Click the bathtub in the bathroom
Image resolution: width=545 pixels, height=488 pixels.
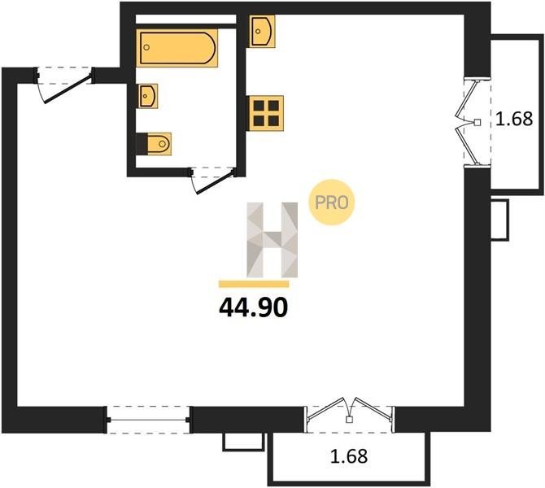click(x=177, y=48)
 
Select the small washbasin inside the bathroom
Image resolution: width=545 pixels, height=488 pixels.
click(x=148, y=96)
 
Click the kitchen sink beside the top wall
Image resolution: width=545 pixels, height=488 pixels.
click(x=262, y=31)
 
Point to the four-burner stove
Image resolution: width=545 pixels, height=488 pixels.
click(x=266, y=113)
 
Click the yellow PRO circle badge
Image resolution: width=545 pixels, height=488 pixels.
click(x=332, y=203)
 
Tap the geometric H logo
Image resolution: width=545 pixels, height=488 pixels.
click(x=272, y=240)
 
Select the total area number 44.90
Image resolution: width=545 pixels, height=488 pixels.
click(x=254, y=308)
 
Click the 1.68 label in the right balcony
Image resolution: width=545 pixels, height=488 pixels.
click(x=514, y=119)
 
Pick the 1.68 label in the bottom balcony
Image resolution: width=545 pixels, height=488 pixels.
click(x=349, y=456)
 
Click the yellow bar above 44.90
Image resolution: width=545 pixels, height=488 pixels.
click(x=254, y=284)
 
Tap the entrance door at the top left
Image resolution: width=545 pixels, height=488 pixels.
click(x=64, y=84)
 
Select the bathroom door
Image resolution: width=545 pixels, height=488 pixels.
click(x=212, y=180)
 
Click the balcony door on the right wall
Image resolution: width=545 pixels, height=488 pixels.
click(x=474, y=121)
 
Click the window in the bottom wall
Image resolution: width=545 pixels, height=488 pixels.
click(x=149, y=420)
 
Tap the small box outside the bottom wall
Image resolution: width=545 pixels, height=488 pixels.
click(x=244, y=442)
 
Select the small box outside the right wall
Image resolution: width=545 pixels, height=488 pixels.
click(x=499, y=220)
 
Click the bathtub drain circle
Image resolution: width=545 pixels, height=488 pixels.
click(x=146, y=47)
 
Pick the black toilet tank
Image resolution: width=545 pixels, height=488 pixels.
click(x=142, y=144)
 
